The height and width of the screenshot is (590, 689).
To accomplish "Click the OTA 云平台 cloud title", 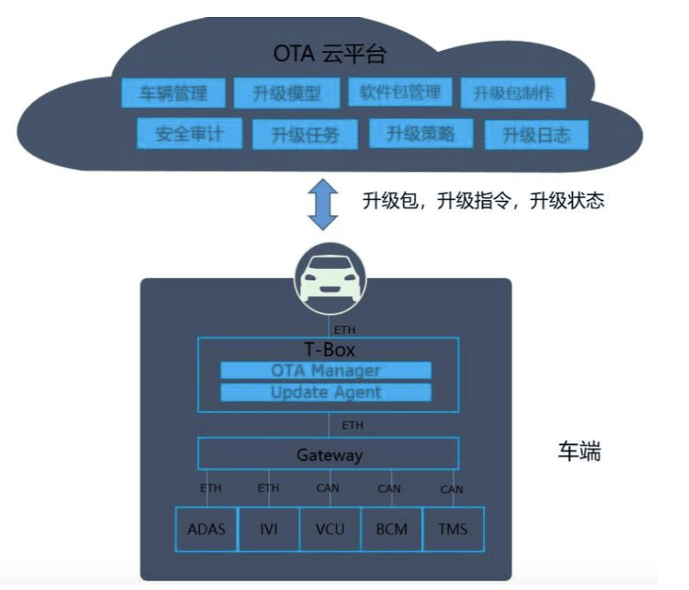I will tap(330, 54).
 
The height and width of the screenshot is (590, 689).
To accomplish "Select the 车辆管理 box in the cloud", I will tap(173, 93).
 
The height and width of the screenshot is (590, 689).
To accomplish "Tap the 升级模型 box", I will tap(286, 93).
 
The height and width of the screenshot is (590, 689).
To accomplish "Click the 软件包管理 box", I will tap(400, 92).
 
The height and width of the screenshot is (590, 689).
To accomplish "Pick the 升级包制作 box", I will tap(513, 93).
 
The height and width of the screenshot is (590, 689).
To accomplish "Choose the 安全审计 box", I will tap(189, 133).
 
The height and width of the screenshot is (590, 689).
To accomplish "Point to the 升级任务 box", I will tap(304, 134).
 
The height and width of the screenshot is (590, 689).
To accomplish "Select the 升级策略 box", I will tap(420, 133).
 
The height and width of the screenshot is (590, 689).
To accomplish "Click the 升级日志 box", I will tap(536, 134).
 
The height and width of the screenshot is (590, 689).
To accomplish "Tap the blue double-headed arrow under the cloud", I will tap(323, 204).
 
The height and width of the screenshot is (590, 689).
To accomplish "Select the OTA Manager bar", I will tap(325, 370).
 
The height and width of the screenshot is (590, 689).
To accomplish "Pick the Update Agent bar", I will tap(325, 392).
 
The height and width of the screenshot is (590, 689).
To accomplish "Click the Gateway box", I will tap(328, 454).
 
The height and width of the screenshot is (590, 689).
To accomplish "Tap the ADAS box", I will tap(206, 529).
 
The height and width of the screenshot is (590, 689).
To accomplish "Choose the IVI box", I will tap(268, 529).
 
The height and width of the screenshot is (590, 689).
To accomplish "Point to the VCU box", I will tap(330, 529).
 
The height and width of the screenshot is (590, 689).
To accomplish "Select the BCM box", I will tap(391, 529).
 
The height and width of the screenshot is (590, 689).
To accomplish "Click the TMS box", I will tap(453, 529).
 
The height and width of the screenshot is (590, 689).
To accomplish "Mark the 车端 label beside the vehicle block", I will tap(579, 451).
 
